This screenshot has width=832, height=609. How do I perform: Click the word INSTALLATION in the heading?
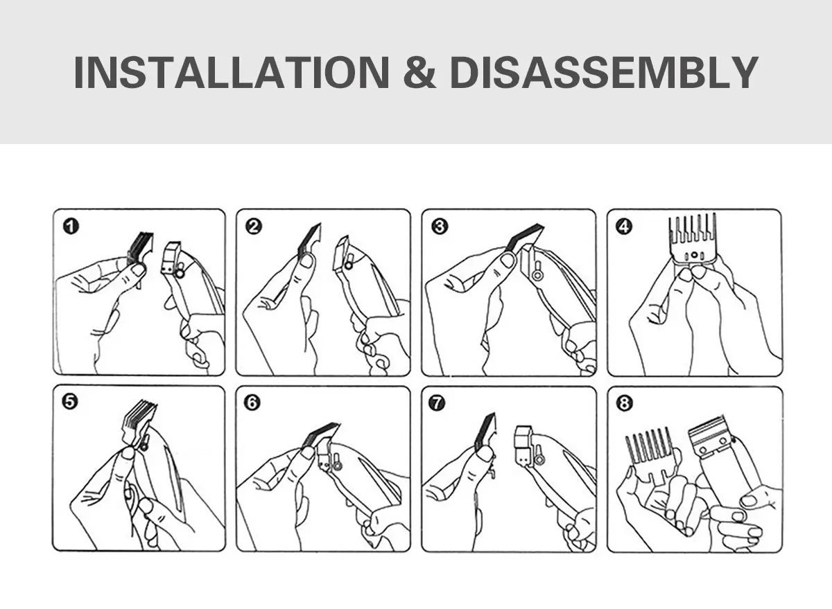pyautogui.click(x=232, y=72)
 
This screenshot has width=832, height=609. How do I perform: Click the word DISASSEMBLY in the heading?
pyautogui.click(x=605, y=72)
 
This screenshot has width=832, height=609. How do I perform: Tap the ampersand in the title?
pyautogui.click(x=419, y=72)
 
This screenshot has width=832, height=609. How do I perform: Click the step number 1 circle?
pyautogui.click(x=71, y=227)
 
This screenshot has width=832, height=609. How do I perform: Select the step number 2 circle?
pyautogui.click(x=254, y=227)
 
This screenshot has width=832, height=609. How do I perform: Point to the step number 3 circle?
pyautogui.click(x=440, y=227)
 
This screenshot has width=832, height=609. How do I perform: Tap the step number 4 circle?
pyautogui.click(x=624, y=227)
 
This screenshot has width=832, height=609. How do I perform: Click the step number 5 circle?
pyautogui.click(x=70, y=402)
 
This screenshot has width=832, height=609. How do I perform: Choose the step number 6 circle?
pyautogui.click(x=252, y=403)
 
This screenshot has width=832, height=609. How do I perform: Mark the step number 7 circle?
pyautogui.click(x=437, y=403)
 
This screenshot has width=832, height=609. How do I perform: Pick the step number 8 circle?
pyautogui.click(x=624, y=403)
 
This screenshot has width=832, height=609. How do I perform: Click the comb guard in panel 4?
pyautogui.click(x=693, y=240)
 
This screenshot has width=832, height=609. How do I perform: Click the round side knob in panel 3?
pyautogui.click(x=537, y=275)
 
